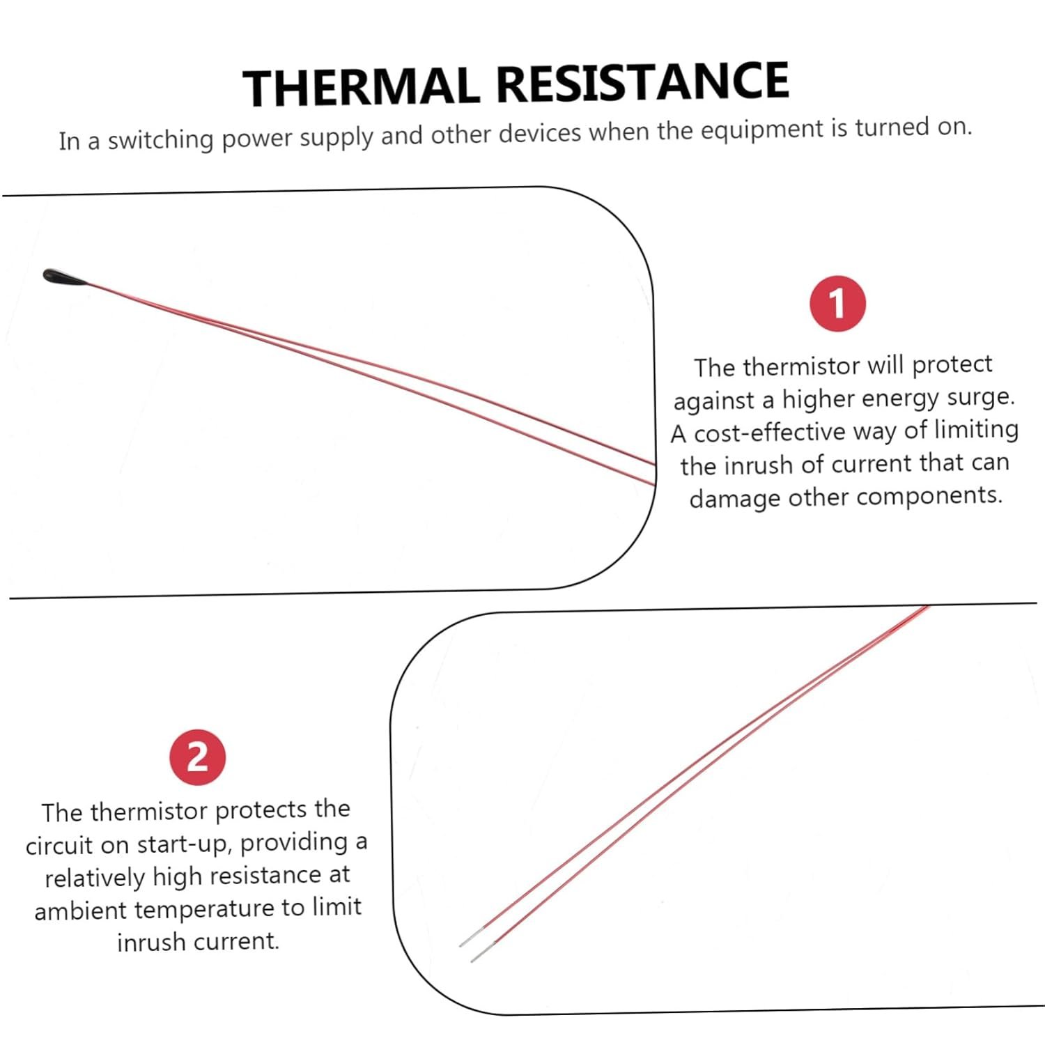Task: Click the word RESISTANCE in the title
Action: click(x=642, y=82)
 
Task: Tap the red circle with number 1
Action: click(x=837, y=304)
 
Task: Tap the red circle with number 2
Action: click(x=198, y=757)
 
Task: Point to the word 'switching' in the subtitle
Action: click(x=160, y=139)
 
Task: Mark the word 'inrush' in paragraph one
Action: click(x=759, y=465)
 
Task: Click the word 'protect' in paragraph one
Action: click(x=952, y=365)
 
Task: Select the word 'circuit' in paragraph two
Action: click(x=59, y=845)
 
